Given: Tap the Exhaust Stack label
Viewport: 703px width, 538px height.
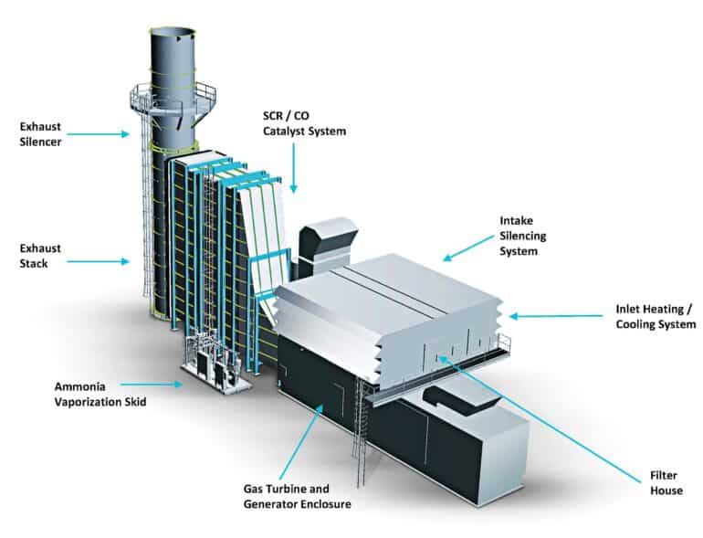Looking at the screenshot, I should pos(39,256).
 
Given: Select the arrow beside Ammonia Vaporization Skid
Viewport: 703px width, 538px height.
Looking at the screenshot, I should pos(151,385).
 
